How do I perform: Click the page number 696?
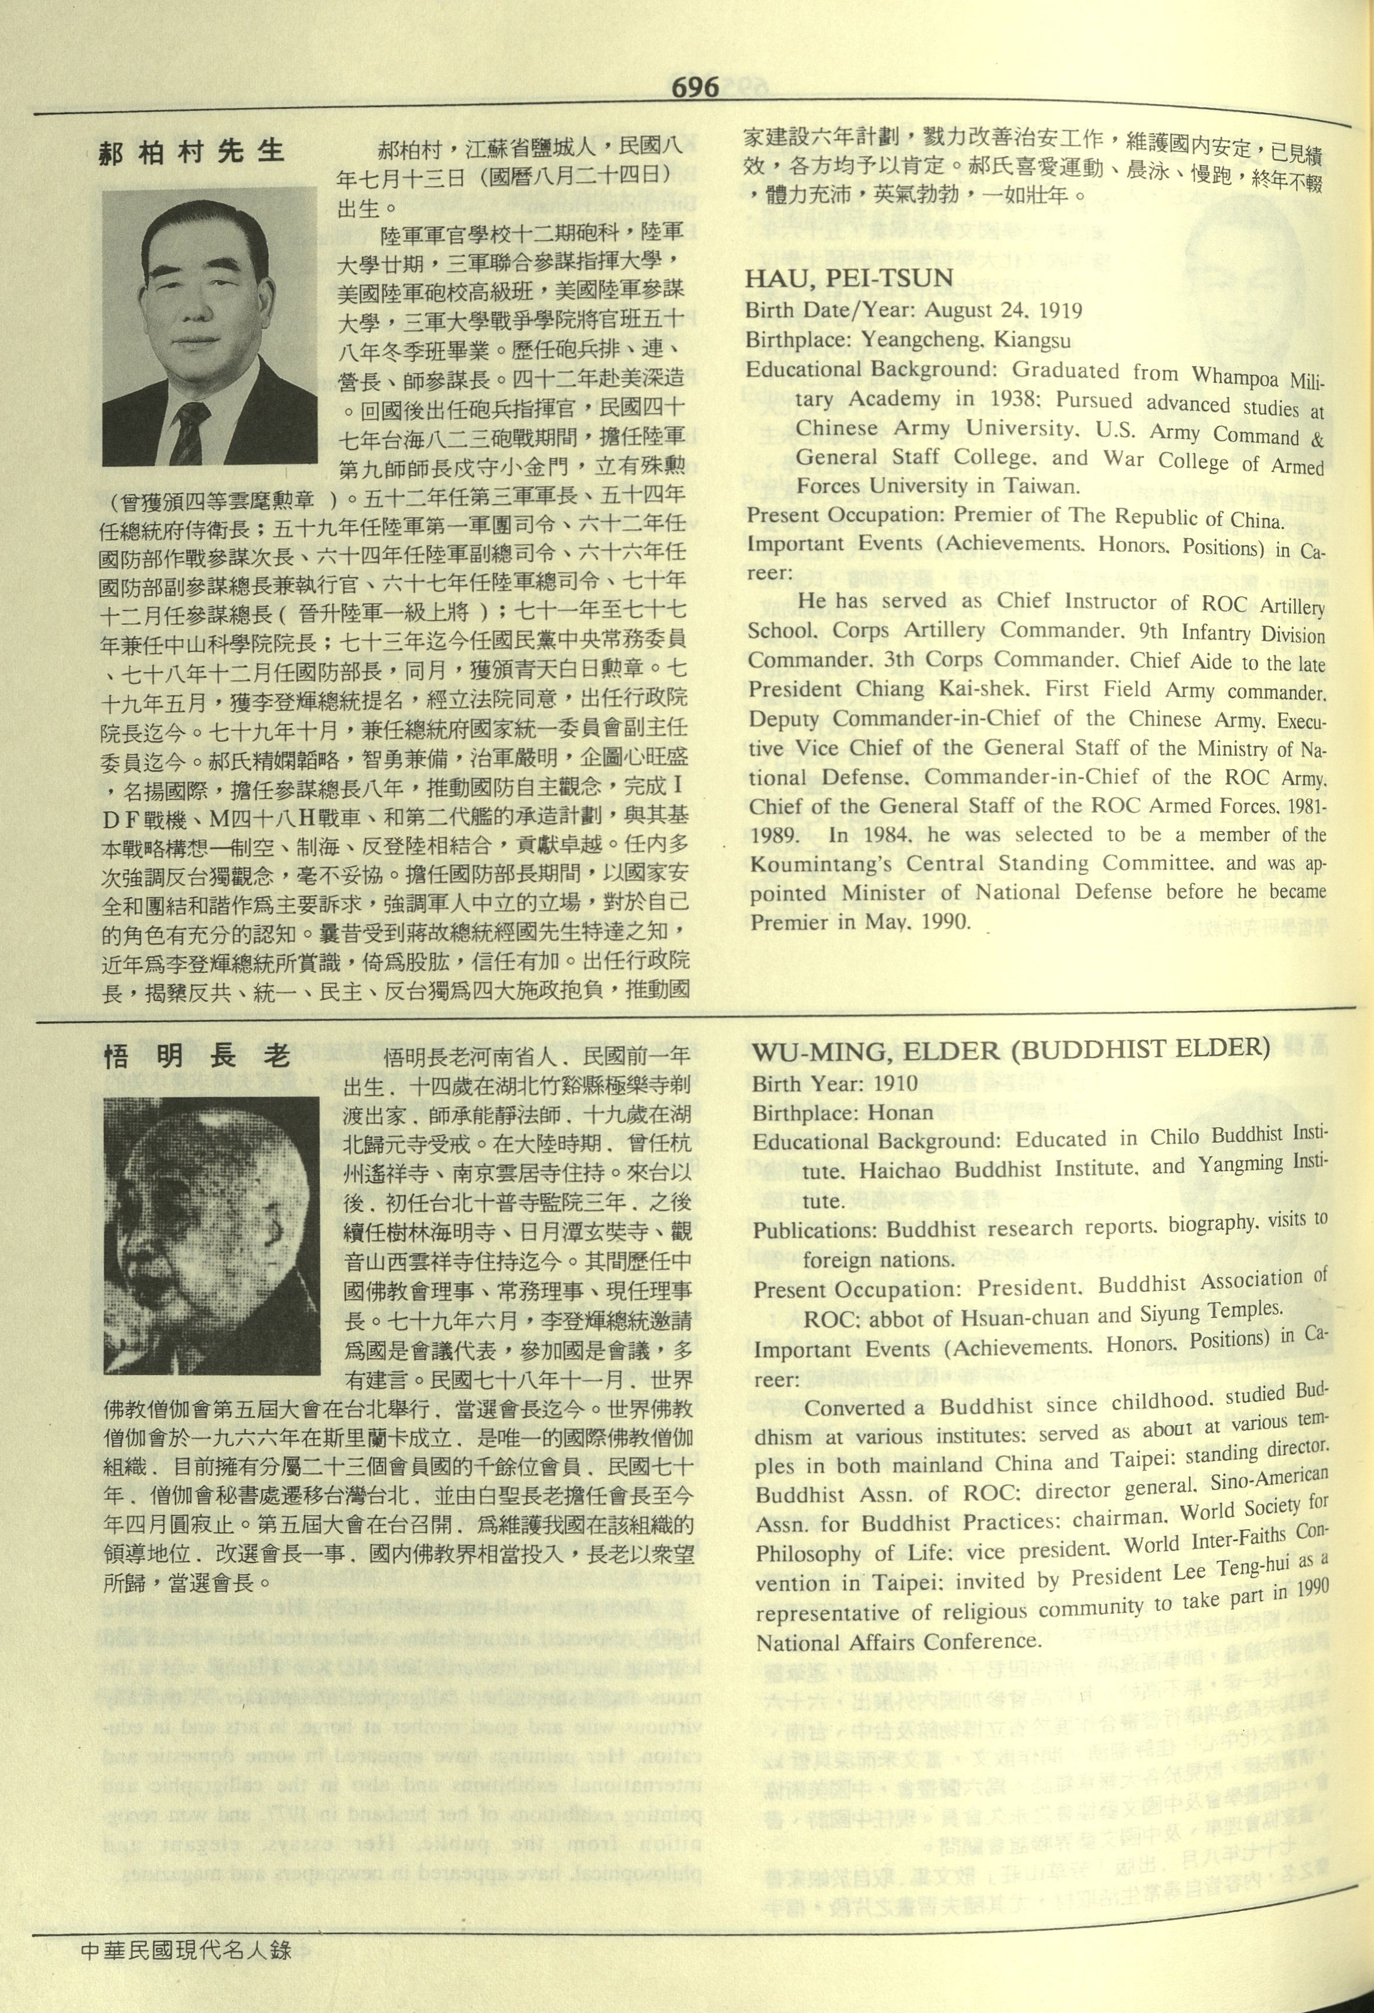(x=695, y=88)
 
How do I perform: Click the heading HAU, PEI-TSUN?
(x=849, y=278)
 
